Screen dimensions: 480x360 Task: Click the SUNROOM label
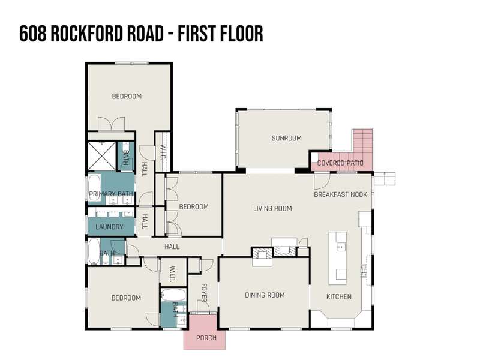point(287,138)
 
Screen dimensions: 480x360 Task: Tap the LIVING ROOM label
point(272,208)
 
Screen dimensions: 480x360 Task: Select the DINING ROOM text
point(265,295)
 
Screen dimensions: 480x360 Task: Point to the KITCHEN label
point(339,296)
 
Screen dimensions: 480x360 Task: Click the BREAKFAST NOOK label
point(340,194)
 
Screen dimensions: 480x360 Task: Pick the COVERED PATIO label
point(340,163)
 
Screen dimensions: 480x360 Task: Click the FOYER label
point(204,293)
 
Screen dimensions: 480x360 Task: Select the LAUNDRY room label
point(109,227)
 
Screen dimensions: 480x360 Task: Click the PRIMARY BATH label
point(111,194)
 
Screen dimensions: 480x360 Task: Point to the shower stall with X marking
point(102,156)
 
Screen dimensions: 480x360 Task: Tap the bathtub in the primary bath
point(95,188)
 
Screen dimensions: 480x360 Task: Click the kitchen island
point(338,258)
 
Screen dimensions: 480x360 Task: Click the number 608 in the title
point(33,34)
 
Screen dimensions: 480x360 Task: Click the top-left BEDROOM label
point(127,97)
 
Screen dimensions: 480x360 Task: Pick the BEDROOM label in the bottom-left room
point(126,298)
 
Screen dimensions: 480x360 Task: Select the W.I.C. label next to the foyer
point(172,274)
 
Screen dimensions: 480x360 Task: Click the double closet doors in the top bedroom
point(111,124)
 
